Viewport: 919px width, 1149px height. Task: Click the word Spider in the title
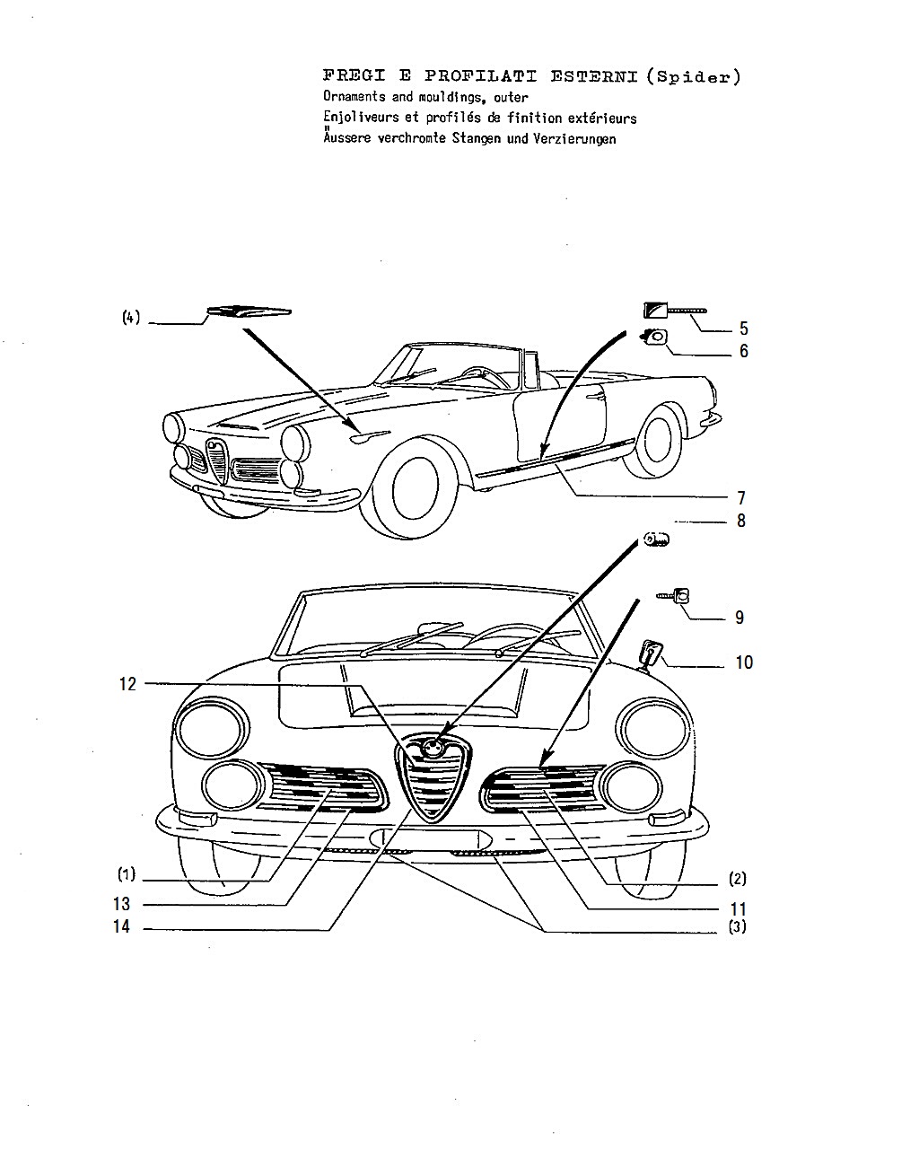[693, 77]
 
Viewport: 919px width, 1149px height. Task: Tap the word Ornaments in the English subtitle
[354, 97]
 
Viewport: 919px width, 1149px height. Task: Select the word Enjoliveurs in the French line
[360, 118]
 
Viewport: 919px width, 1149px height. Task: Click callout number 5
[743, 328]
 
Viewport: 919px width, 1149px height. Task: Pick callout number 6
[743, 351]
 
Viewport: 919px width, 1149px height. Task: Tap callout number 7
[741, 498]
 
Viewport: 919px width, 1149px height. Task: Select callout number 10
[744, 662]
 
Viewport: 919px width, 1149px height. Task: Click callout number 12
[127, 684]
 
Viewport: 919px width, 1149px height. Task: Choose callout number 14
[121, 926]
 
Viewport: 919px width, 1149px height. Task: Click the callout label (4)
[131, 317]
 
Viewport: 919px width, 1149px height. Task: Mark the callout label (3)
[738, 927]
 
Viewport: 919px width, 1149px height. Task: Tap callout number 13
[121, 904]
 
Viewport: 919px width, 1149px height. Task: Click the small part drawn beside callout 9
[673, 596]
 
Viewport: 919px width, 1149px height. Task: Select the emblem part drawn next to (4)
[249, 311]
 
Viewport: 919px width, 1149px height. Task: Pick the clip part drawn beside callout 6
[654, 337]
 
